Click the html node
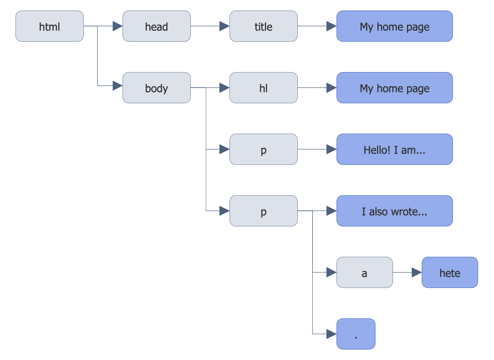tap(49, 26)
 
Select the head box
tap(156, 26)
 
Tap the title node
tap(263, 26)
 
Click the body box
tap(156, 88)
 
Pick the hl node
tap(263, 88)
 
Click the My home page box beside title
tap(394, 26)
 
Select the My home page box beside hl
tap(394, 88)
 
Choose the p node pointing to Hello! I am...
tap(263, 149)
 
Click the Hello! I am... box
tap(394, 149)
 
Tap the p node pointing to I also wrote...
tap(263, 211)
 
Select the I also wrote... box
tap(394, 211)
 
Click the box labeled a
tap(364, 272)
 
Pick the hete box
tap(450, 272)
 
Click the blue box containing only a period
tap(356, 334)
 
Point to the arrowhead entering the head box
tap(117, 26)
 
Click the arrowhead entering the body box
tap(117, 86)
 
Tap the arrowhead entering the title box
tap(224, 26)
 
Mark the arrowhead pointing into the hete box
tap(417, 272)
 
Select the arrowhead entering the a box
tap(331, 272)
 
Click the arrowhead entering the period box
tap(331, 334)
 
